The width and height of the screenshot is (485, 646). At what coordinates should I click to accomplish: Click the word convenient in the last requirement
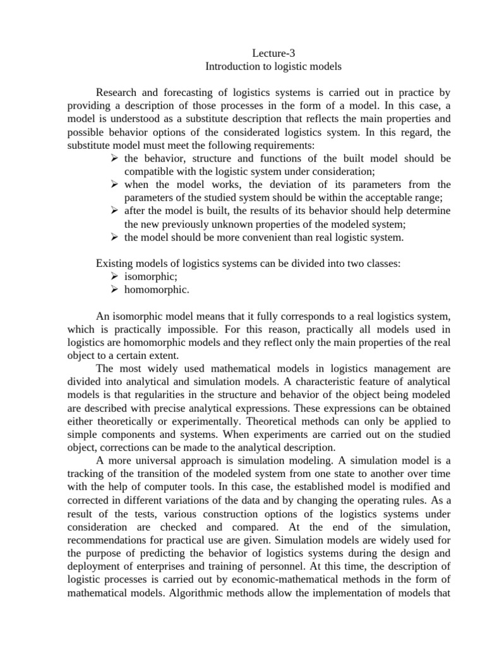pyautogui.click(x=267, y=237)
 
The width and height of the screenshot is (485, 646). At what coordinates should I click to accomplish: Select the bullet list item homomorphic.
pyautogui.click(x=156, y=290)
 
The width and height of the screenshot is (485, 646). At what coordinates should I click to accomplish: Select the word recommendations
pyautogui.click(x=114, y=541)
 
